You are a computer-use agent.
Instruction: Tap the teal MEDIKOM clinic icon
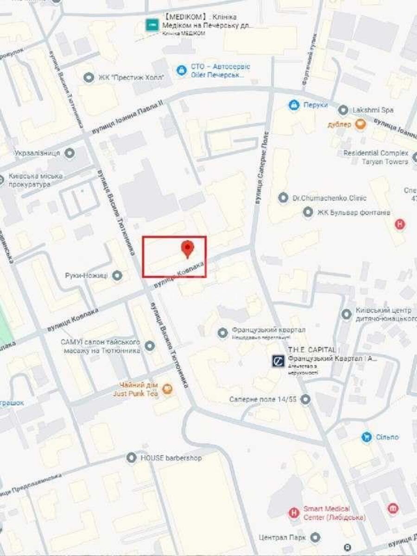click(x=152, y=25)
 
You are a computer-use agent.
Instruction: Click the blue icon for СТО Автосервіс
click(x=182, y=71)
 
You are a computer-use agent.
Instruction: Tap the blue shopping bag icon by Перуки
click(x=293, y=105)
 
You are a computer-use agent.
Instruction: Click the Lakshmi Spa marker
click(x=343, y=110)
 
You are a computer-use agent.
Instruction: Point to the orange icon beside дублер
click(x=360, y=124)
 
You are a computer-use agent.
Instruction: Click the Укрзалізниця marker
click(x=70, y=153)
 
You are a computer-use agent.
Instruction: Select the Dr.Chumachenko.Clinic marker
click(x=283, y=198)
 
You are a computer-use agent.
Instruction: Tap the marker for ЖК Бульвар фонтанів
click(x=308, y=213)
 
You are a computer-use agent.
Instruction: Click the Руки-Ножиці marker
click(x=117, y=276)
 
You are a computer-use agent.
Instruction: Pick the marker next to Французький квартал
click(x=223, y=332)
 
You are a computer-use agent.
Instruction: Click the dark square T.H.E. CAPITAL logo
click(x=278, y=361)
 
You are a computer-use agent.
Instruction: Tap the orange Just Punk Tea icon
click(x=168, y=389)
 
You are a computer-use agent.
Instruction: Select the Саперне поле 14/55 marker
click(x=305, y=399)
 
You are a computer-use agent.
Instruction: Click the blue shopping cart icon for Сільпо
click(x=366, y=437)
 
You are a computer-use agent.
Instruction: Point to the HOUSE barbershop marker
click(x=132, y=458)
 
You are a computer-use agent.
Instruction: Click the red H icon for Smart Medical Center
click(x=293, y=513)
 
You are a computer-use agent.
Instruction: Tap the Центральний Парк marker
click(x=316, y=537)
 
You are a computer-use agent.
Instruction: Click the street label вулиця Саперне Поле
click(x=262, y=168)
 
